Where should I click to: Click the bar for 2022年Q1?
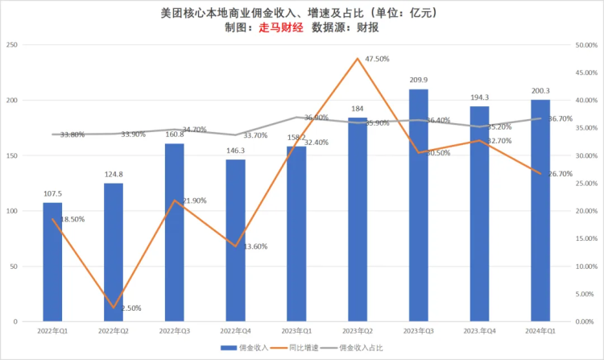click(x=52, y=262)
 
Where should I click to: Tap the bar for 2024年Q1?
click(x=540, y=210)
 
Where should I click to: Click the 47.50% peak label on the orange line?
click(x=378, y=59)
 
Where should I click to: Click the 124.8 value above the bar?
click(x=114, y=174)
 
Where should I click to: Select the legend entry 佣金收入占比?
click(x=364, y=348)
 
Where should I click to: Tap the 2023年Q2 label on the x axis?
click(x=357, y=330)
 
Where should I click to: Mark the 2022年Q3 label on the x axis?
click(x=175, y=330)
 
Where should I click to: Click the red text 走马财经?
click(x=280, y=27)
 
